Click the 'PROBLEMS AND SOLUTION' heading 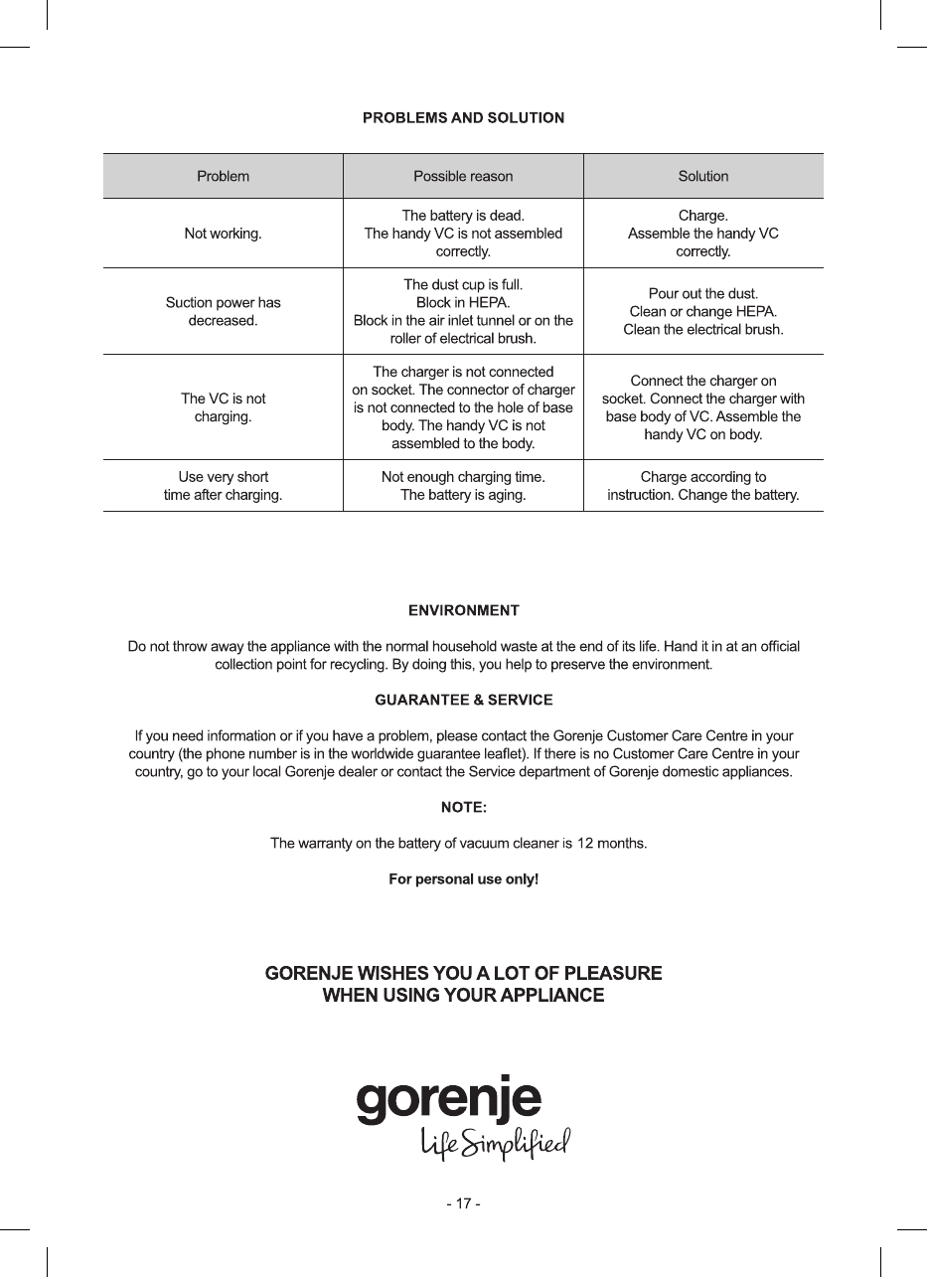[x=463, y=118]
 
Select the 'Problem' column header [x=223, y=177]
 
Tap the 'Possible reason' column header [x=463, y=177]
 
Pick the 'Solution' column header [x=703, y=177]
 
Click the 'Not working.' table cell [x=223, y=234]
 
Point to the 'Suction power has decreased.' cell [x=223, y=311]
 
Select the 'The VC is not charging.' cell [x=223, y=407]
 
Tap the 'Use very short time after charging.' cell [x=223, y=486]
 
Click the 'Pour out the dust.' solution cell [x=703, y=294]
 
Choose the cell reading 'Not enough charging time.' [x=463, y=477]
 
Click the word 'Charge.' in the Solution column [x=703, y=215]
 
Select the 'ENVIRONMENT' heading [x=463, y=609]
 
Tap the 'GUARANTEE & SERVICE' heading [x=463, y=701]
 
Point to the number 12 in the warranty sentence [x=586, y=844]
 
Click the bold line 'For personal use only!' [x=463, y=880]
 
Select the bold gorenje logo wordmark [x=449, y=1100]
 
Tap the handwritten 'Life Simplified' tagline [x=495, y=1145]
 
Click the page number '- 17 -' [x=463, y=1203]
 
